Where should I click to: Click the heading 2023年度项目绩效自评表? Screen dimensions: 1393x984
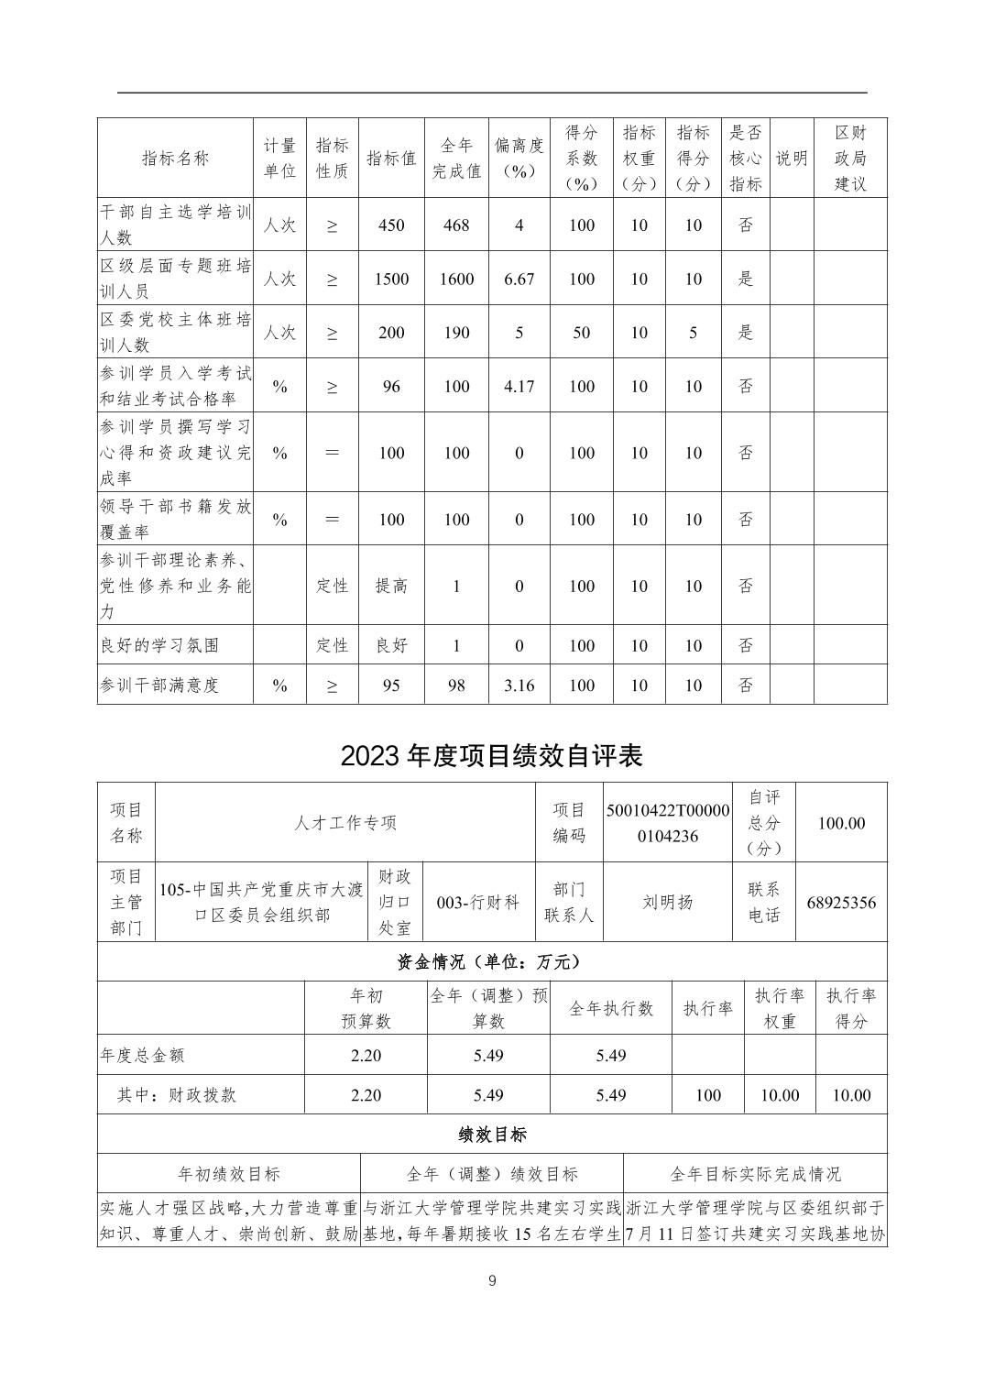coord(491,755)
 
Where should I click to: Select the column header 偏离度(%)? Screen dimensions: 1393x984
coord(519,158)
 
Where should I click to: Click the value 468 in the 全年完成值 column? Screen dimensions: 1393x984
coord(456,225)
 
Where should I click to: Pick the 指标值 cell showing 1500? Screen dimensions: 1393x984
coord(391,279)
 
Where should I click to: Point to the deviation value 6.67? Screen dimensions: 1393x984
coord(519,279)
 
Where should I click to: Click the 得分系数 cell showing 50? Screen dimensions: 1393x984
coord(582,333)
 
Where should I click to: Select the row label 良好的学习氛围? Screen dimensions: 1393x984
coord(160,645)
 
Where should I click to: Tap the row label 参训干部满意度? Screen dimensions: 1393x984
coord(160,685)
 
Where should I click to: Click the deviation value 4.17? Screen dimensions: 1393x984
coord(519,386)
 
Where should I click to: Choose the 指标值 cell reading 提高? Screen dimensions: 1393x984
coord(391,586)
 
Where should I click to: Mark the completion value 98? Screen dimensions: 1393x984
coord(456,685)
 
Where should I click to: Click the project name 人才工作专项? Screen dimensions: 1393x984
coord(345,823)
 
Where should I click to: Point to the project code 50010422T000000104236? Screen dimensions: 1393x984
coord(668,823)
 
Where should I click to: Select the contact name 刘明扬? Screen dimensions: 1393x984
coord(668,902)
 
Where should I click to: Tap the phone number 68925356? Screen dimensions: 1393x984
coord(841,902)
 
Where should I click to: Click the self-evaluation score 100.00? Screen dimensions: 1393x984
coord(841,823)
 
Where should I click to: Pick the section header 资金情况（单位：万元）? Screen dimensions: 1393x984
coord(491,961)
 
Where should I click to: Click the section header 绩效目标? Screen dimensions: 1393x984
coord(492,1134)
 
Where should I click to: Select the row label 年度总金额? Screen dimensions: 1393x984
coord(142,1055)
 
